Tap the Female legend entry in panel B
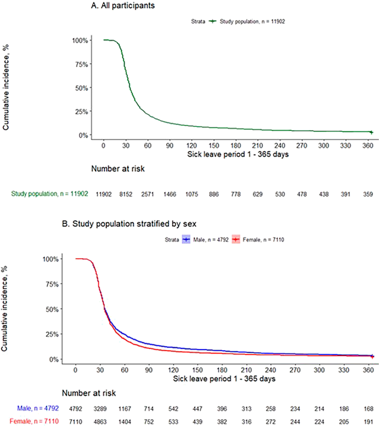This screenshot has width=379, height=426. coord(256,239)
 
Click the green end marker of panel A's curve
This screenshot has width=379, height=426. coord(371,132)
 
